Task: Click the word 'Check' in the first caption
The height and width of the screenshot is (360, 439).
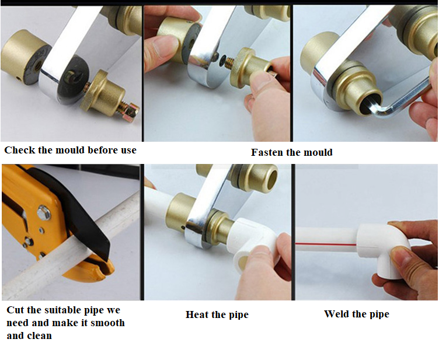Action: pos(20,150)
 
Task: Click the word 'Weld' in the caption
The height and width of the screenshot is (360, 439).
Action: pos(335,314)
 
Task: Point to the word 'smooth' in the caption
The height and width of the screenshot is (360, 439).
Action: pos(107,323)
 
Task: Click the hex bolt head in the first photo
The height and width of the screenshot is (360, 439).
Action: pos(131,109)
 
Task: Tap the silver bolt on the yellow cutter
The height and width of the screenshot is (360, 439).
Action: pos(44,212)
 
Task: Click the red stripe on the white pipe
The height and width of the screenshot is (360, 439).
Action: pos(326,244)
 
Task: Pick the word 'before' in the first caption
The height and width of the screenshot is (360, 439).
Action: pos(103,150)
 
